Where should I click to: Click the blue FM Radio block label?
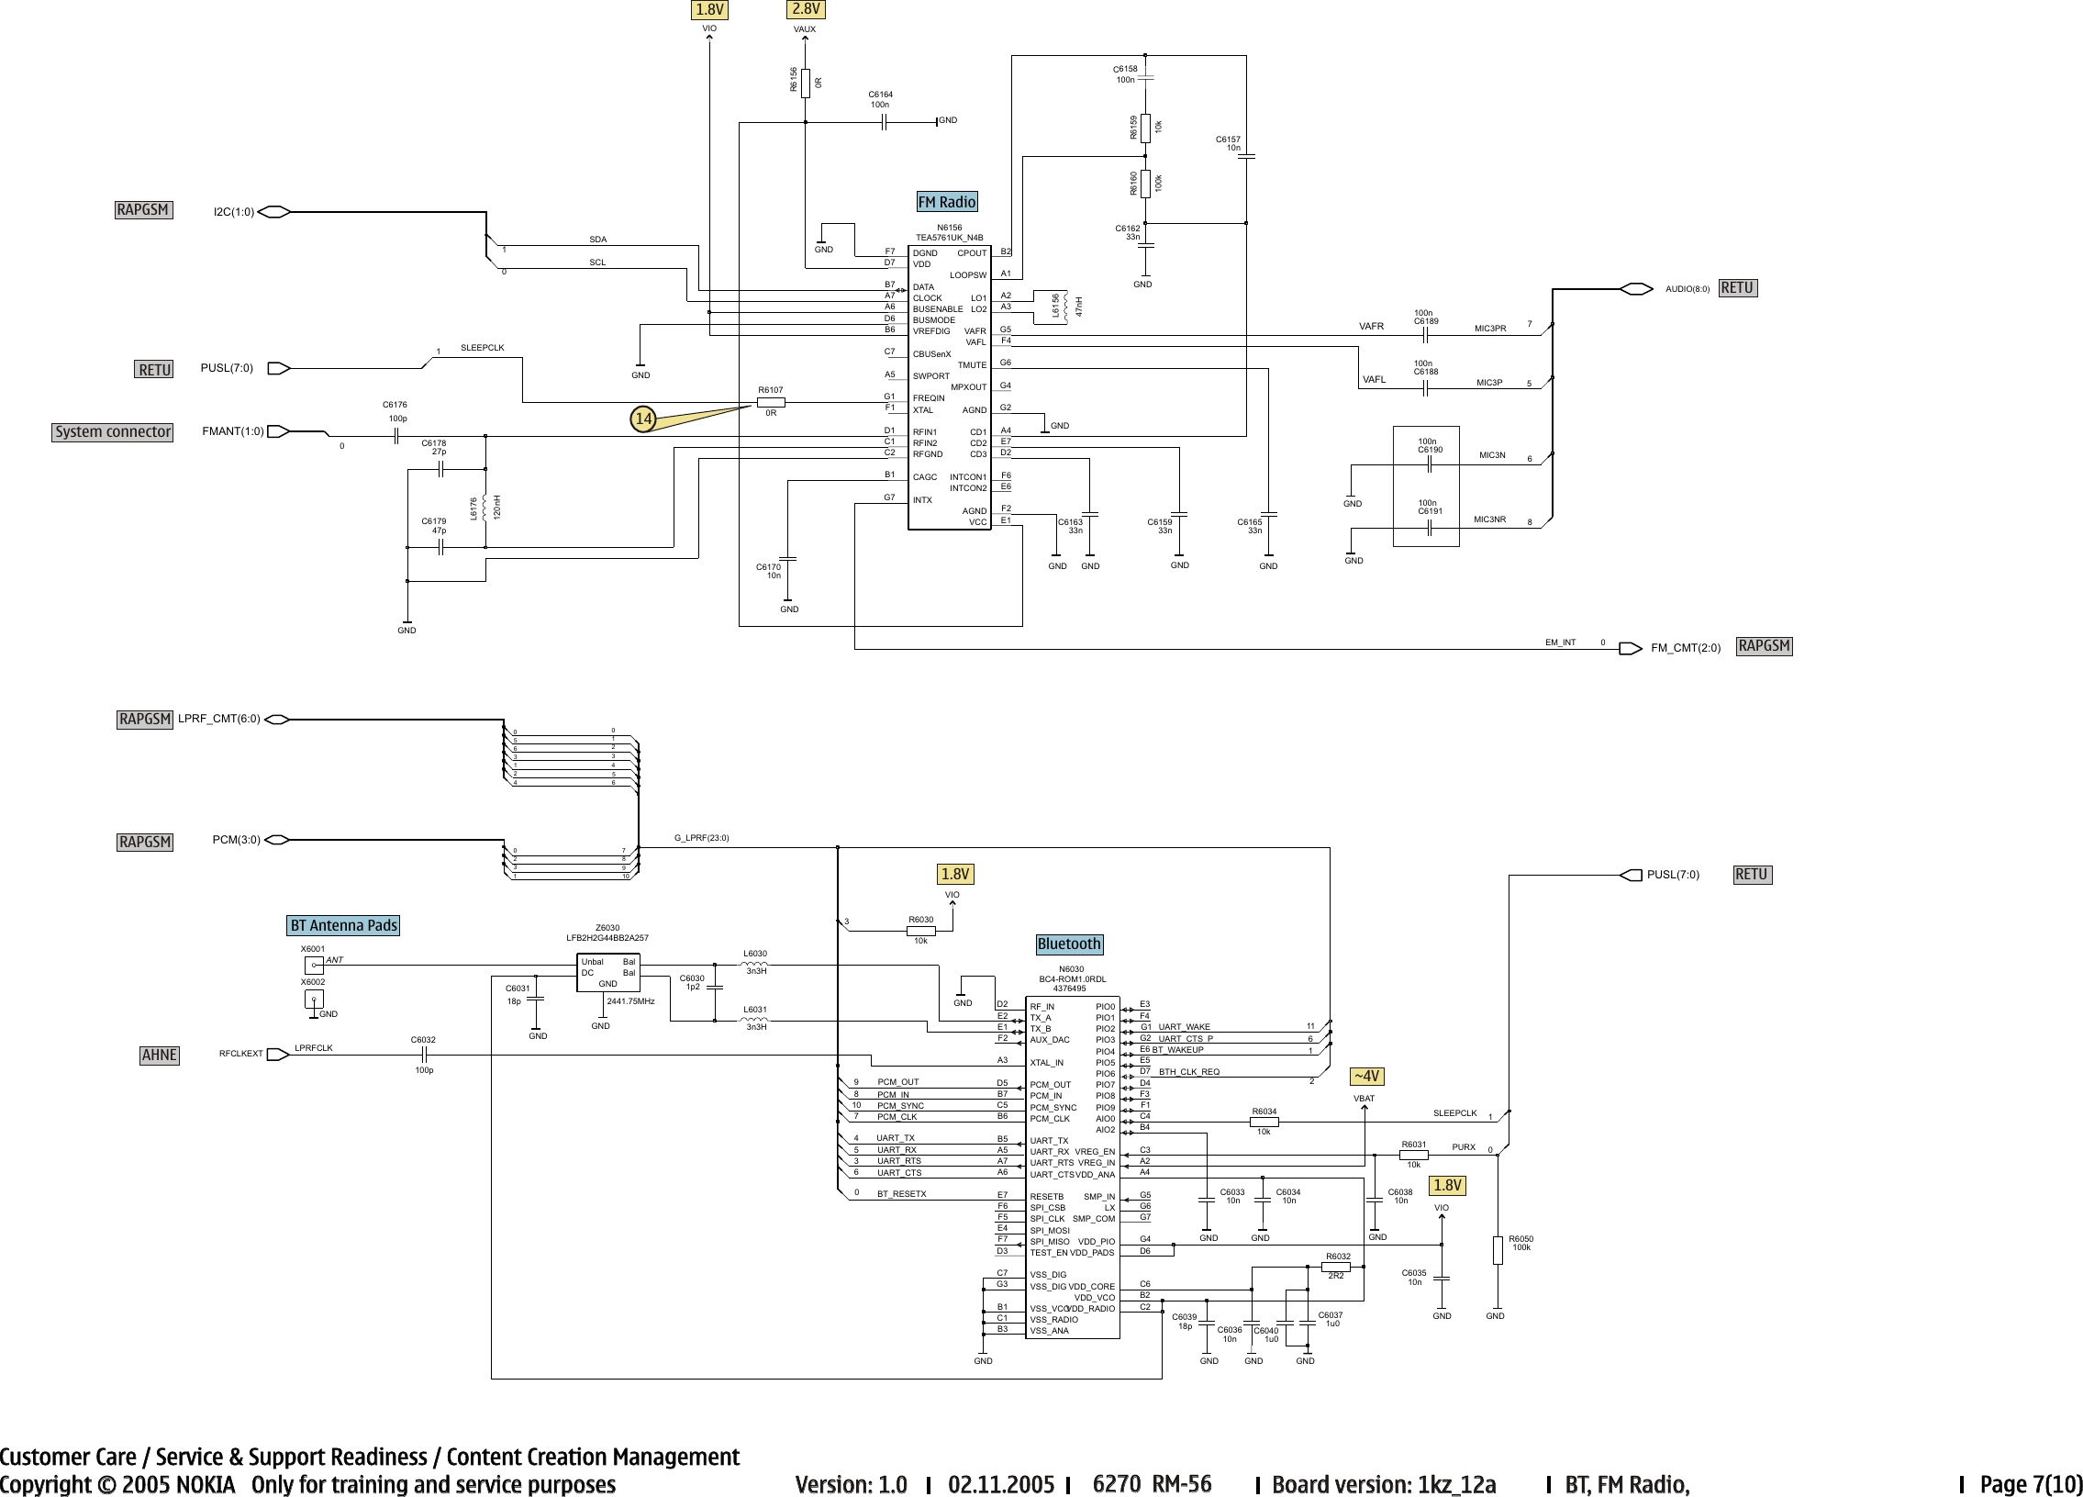pyautogui.click(x=947, y=202)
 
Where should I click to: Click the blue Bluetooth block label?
pyautogui.click(x=1068, y=944)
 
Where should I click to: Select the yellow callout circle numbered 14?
pyautogui.click(x=643, y=419)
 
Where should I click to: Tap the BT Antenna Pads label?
pyautogui.click(x=343, y=926)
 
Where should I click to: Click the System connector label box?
pyautogui.click(x=112, y=431)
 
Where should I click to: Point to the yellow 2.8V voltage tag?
pyautogui.click(x=806, y=9)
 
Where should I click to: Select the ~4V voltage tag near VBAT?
pyautogui.click(x=1365, y=1077)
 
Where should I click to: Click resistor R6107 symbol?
pyautogui.click(x=771, y=402)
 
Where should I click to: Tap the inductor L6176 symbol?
pyautogui.click(x=484, y=508)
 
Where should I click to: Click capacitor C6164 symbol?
pyautogui.click(x=883, y=122)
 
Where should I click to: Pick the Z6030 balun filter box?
pyautogui.click(x=607, y=973)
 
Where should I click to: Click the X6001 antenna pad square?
pyautogui.click(x=314, y=966)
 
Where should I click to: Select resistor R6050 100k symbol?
pyautogui.click(x=1497, y=1250)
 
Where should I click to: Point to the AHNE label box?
pyautogui.click(x=159, y=1056)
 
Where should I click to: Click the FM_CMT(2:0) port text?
pyautogui.click(x=1686, y=648)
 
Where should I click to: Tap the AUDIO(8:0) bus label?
pyautogui.click(x=1688, y=289)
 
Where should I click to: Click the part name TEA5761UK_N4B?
pyautogui.click(x=949, y=238)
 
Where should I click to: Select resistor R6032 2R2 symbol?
pyautogui.click(x=1335, y=1267)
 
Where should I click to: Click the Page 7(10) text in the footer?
pyautogui.click(x=2030, y=1484)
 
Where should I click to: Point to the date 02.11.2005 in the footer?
pyautogui.click(x=1001, y=1484)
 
